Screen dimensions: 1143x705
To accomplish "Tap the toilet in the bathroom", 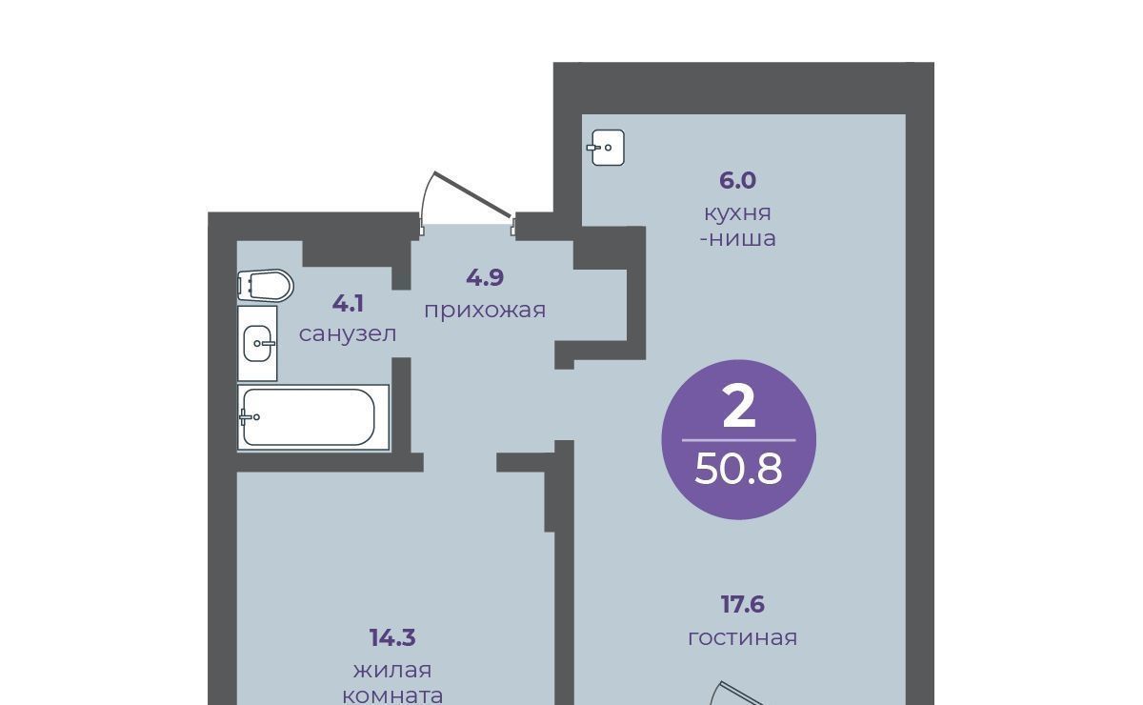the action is coord(266,286).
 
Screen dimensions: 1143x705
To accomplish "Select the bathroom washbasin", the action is coord(257,343).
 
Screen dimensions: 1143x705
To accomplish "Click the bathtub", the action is coord(313,417).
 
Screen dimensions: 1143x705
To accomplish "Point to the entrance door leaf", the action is coord(472,194).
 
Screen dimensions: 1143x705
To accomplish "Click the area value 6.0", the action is coord(737,181).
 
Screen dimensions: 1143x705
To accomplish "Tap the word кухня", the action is coord(737,213).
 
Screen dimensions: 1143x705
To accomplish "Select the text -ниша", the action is coord(737,239).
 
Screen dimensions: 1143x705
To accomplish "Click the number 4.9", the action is coord(485,277).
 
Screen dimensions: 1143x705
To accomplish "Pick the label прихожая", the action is coord(485,311).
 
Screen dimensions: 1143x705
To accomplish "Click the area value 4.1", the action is coord(348,304).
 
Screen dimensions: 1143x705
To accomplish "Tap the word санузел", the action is coord(348,334).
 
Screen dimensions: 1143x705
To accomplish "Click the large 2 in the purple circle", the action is coord(739,407).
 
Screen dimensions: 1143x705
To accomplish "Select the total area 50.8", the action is coord(738,470).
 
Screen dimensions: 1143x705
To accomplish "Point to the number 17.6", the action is coord(742,605).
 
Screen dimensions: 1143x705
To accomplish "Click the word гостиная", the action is coord(742,638).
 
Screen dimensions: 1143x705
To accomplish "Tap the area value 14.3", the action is coord(392,638).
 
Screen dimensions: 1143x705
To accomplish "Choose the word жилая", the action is coord(392,671).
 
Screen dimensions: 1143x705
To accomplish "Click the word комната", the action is coord(392,695).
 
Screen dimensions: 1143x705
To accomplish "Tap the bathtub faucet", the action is coord(249,417).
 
